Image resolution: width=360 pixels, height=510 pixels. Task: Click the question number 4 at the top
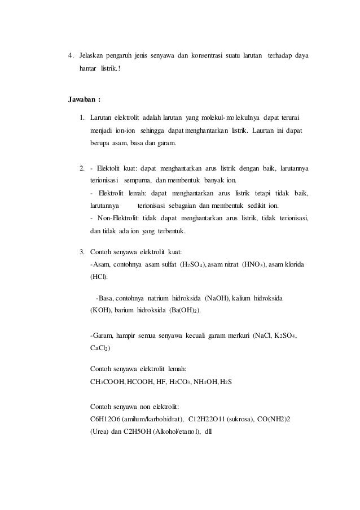pos(71,55)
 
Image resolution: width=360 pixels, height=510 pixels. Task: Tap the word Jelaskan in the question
pos(94,55)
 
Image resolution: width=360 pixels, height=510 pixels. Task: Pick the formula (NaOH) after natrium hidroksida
pos(217,298)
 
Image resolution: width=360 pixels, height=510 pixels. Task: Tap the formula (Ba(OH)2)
pos(186,310)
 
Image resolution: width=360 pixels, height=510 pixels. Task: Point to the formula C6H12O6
pos(105,419)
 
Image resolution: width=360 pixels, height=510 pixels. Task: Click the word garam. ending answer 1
pos(165,143)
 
